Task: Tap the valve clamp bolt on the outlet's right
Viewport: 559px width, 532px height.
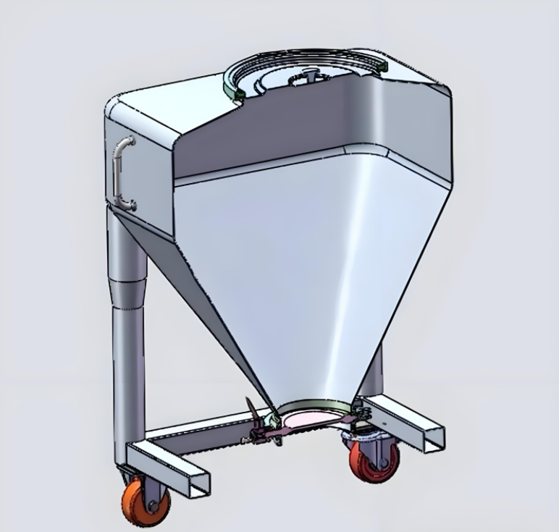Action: tap(360, 412)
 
